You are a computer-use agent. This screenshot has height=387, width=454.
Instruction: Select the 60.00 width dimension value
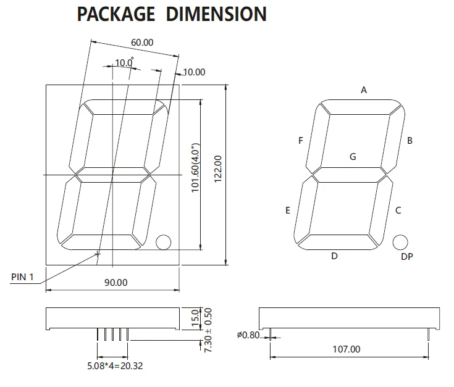pos(142,43)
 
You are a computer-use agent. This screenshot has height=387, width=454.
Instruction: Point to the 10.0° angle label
pos(124,62)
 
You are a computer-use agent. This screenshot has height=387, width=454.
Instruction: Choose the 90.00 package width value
pos(116,283)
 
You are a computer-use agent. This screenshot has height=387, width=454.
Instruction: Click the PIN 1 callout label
pos(24,277)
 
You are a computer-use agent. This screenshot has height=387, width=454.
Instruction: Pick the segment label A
pos(364,90)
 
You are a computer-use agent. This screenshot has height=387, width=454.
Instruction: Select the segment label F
pos(301,141)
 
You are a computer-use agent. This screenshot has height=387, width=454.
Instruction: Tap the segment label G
pos(353,157)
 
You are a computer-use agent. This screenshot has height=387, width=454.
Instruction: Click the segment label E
pos(288,210)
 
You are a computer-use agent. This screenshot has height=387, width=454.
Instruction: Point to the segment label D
pos(334,256)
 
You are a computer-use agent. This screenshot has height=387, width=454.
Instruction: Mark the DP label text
pos(406,257)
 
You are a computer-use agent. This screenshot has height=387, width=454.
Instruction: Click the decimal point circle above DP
pos(400,242)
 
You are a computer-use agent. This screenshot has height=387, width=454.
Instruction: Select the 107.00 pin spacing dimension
pos(346,349)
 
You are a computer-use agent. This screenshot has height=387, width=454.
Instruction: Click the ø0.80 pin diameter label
pos(248,335)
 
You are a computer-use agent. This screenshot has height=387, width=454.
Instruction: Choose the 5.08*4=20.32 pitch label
pos(116,365)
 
